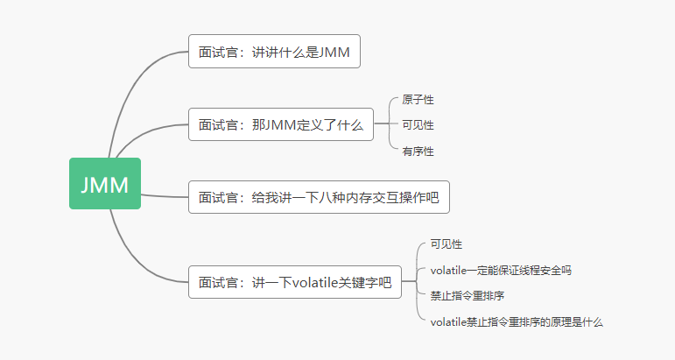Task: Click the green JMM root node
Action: (105, 184)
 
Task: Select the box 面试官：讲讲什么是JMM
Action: (274, 52)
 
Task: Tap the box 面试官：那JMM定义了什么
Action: (280, 125)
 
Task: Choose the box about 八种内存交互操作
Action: (319, 197)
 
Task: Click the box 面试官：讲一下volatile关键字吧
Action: (295, 282)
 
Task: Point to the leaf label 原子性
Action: (418, 101)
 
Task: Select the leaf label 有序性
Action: (418, 151)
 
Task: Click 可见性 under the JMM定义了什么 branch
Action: (418, 125)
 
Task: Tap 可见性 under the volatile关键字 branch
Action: (446, 244)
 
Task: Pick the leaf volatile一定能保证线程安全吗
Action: (501, 270)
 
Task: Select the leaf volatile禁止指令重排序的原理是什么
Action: (517, 321)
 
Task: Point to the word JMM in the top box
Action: (334, 52)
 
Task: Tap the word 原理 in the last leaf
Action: (559, 321)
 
